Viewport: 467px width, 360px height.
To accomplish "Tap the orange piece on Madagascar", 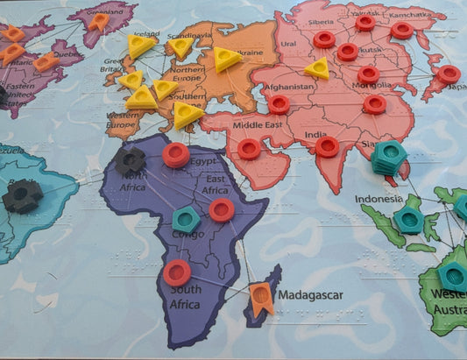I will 260,299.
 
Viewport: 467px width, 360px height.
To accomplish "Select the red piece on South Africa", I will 177,272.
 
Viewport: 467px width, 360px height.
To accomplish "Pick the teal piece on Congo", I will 185,220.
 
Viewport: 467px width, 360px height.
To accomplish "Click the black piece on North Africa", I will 131,160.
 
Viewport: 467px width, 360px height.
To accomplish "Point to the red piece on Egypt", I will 175,155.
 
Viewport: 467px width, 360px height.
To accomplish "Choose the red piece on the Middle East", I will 249,150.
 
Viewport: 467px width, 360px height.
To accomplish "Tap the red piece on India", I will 327,146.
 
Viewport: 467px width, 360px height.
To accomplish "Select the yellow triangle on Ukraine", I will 227,60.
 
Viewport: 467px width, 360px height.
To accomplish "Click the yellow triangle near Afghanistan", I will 317,68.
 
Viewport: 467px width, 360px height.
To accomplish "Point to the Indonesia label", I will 379,199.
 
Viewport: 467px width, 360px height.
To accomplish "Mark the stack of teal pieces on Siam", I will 388,158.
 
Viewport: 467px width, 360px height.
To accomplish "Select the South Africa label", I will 185,296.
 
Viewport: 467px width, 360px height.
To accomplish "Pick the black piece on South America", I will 21,196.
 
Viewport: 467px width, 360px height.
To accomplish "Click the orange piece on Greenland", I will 98,21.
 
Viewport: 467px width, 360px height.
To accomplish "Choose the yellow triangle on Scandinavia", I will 180,47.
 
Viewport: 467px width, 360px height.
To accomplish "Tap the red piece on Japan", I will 448,74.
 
